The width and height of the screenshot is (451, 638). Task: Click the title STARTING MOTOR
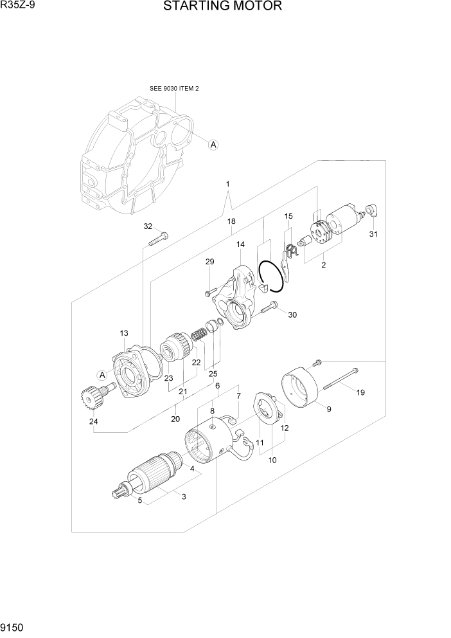coord(222,7)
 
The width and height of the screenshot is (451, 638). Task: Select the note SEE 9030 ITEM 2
coord(174,88)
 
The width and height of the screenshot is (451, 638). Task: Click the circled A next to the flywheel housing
coord(213,145)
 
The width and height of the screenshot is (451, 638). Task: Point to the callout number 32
coord(148,226)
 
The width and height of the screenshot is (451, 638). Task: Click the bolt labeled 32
coord(157,240)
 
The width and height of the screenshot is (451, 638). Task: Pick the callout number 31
coord(373,234)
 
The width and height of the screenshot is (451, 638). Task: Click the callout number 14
coord(240,244)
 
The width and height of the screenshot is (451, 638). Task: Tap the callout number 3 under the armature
coord(183,497)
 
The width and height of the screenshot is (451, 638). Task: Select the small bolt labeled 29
coord(208,293)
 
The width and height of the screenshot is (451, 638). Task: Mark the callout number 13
coord(124,333)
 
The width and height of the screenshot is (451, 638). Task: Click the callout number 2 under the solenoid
coord(324,264)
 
